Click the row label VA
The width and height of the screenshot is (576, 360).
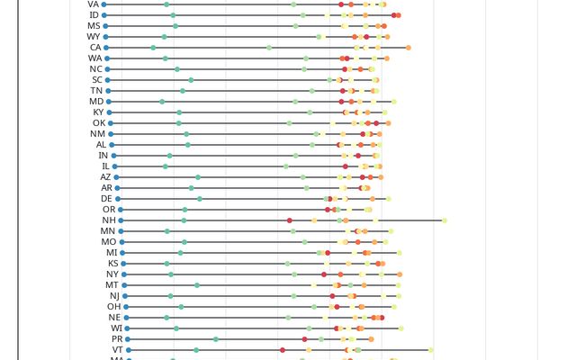(x=94, y=4)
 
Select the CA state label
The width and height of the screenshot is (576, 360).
(x=95, y=48)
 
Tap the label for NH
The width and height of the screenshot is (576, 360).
(x=109, y=220)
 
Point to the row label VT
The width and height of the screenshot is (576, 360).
(x=117, y=350)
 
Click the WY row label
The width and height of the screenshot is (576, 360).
(x=94, y=37)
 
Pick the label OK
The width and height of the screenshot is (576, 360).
(x=99, y=123)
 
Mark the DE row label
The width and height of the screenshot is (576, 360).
(x=106, y=199)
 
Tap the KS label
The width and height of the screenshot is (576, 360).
(x=112, y=264)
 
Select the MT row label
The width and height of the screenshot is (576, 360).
(x=112, y=285)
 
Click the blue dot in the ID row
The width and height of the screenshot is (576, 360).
(x=104, y=15)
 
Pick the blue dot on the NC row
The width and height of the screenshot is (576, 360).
(x=108, y=69)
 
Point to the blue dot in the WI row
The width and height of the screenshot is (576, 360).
(x=127, y=328)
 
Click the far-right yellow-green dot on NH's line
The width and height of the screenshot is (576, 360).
(x=445, y=220)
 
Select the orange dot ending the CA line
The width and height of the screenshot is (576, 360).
(x=409, y=48)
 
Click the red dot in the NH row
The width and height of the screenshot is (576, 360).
(x=290, y=220)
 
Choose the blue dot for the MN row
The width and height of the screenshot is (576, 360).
(x=121, y=231)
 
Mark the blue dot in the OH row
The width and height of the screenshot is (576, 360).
(x=125, y=307)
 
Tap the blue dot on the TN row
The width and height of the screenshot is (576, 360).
(x=109, y=91)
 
